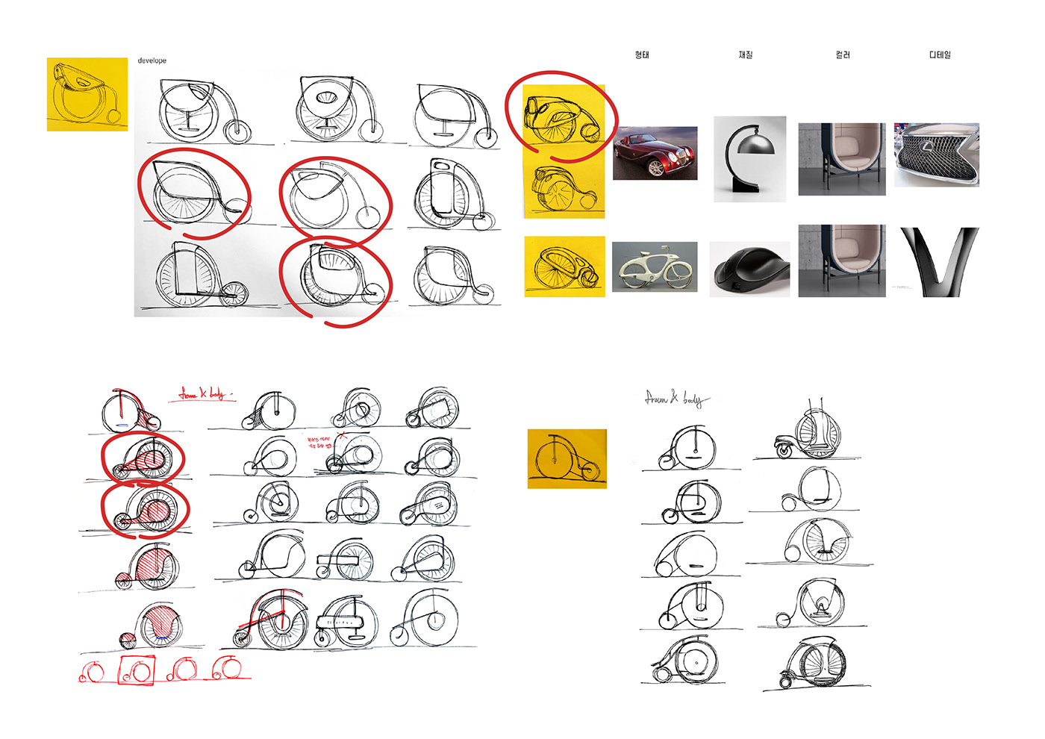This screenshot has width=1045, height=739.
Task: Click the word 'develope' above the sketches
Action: (152, 60)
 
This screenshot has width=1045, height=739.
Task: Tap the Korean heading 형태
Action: (642, 54)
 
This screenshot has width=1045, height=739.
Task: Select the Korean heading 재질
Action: (745, 54)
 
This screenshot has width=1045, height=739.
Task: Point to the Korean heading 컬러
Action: (843, 54)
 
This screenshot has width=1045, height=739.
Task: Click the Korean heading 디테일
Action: (940, 54)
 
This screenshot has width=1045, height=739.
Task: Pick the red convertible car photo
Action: (655, 153)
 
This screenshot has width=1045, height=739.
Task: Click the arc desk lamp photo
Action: (749, 158)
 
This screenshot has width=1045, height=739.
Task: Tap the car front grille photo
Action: (937, 155)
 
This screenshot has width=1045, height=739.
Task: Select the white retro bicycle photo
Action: (655, 266)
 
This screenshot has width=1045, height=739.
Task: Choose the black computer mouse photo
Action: (749, 269)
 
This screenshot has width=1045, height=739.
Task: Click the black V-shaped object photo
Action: (938, 262)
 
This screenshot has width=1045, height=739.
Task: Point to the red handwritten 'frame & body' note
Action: (205, 393)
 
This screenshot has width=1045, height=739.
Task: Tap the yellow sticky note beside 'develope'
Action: (87, 94)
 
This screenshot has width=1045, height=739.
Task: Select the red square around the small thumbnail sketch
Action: (137, 670)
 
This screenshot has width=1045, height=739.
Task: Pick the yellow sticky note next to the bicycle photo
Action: (564, 266)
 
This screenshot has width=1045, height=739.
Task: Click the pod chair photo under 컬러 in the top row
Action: (842, 159)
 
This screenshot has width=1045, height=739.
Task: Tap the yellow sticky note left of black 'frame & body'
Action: (567, 458)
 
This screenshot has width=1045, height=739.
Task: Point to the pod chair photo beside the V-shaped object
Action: (842, 261)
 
